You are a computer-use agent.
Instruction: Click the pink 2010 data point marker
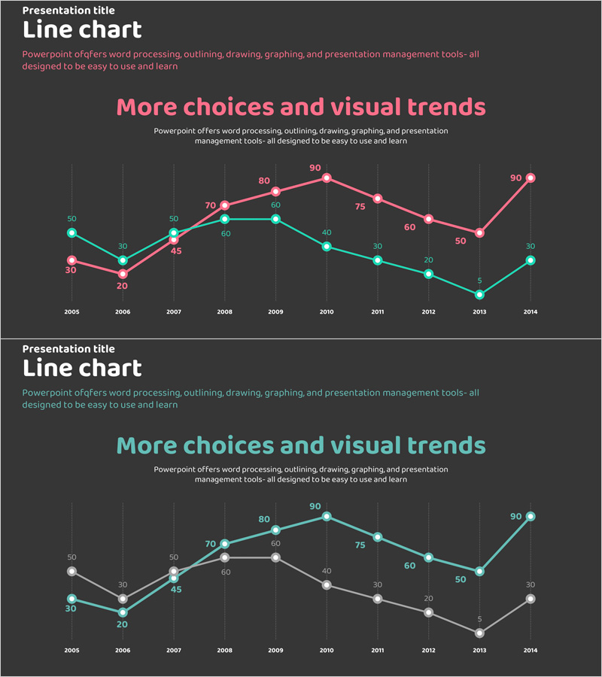click(x=327, y=178)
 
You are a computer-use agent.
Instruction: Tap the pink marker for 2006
click(x=123, y=274)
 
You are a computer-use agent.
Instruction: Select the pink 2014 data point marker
click(x=531, y=178)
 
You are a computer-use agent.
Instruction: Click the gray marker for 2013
click(x=479, y=633)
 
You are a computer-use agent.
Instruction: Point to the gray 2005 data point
click(x=71, y=571)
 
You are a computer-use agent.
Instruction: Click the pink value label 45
click(x=176, y=251)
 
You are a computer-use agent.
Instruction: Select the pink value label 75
click(x=360, y=206)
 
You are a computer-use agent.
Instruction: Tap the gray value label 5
click(x=479, y=620)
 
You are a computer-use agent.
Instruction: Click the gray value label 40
click(x=327, y=572)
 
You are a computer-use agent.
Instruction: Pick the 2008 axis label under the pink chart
click(x=224, y=311)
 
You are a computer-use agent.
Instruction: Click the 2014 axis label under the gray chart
click(x=531, y=650)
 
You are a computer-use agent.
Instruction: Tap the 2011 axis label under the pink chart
click(x=377, y=311)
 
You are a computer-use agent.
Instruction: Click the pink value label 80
click(x=264, y=181)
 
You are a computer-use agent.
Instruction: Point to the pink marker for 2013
click(x=479, y=233)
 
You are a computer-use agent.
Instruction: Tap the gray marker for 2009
click(x=275, y=557)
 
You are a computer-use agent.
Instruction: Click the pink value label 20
click(x=122, y=286)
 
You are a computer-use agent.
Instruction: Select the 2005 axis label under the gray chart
click(x=71, y=650)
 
